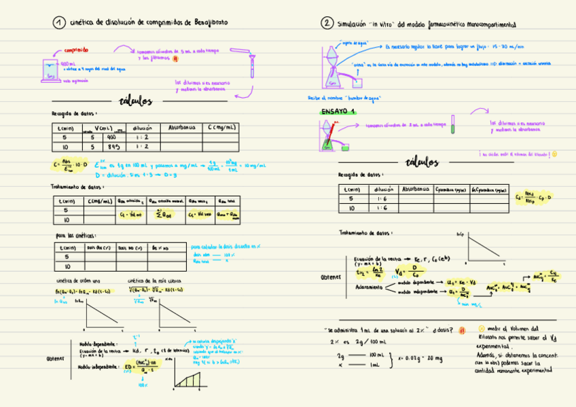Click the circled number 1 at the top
tap(59, 23)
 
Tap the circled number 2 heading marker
tap(327, 23)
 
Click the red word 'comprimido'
tap(75, 50)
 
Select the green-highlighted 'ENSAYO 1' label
tap(339, 111)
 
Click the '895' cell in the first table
tap(113, 146)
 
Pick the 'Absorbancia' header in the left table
tap(181, 127)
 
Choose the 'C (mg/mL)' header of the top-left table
tap(221, 127)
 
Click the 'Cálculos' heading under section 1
tap(135, 102)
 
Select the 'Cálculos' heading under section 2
tap(421, 162)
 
